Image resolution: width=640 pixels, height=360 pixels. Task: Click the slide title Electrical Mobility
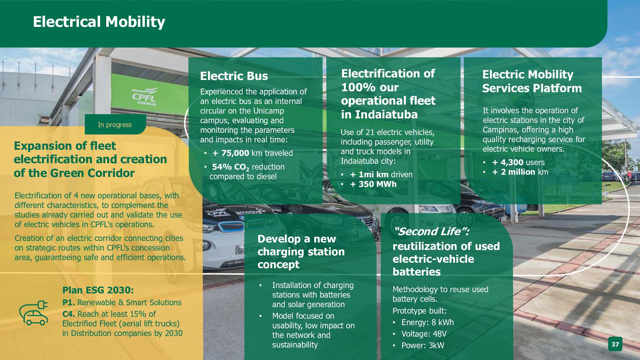(x=99, y=22)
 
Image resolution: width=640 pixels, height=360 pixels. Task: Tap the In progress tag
(x=115, y=124)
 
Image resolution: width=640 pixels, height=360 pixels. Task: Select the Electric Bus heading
(x=234, y=76)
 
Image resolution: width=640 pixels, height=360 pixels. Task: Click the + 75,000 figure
(x=231, y=153)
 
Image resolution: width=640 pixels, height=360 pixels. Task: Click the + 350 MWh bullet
(x=373, y=184)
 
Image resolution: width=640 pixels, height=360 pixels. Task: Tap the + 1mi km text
(x=369, y=174)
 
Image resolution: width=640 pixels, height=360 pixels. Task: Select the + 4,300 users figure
(x=518, y=162)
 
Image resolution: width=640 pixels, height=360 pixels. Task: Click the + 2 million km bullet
(x=520, y=172)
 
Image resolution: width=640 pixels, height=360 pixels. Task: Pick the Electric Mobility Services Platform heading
(x=532, y=81)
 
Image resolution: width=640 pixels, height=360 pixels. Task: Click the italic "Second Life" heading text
(x=432, y=231)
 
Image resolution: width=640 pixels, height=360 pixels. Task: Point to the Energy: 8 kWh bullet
(x=428, y=322)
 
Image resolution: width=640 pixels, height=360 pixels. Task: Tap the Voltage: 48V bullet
(x=424, y=334)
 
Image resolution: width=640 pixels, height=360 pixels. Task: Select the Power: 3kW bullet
(x=423, y=345)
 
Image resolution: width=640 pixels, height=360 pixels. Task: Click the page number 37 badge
(x=615, y=345)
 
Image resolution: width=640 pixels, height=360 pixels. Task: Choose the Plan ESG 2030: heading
(x=98, y=290)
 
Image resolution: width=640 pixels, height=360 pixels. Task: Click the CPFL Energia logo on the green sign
(x=145, y=97)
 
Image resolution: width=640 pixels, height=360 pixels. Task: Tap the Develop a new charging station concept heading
(x=301, y=252)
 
